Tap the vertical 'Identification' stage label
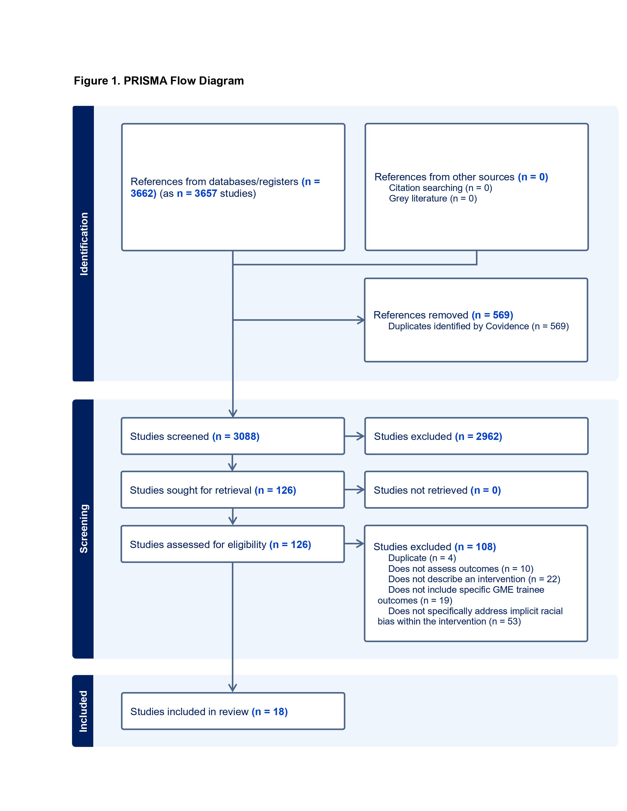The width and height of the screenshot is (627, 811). point(84,244)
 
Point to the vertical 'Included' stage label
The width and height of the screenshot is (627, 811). point(83,711)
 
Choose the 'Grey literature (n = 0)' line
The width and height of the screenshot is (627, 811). point(433,198)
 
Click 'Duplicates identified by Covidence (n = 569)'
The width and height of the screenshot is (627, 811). point(478,326)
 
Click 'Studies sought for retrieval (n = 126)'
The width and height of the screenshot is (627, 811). point(213,490)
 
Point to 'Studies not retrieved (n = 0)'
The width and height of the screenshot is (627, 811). point(437,490)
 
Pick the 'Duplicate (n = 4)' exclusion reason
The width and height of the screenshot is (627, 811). point(422,558)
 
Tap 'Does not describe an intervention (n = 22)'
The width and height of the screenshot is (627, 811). point(474,579)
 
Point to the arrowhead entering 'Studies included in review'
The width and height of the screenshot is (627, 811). point(233,688)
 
